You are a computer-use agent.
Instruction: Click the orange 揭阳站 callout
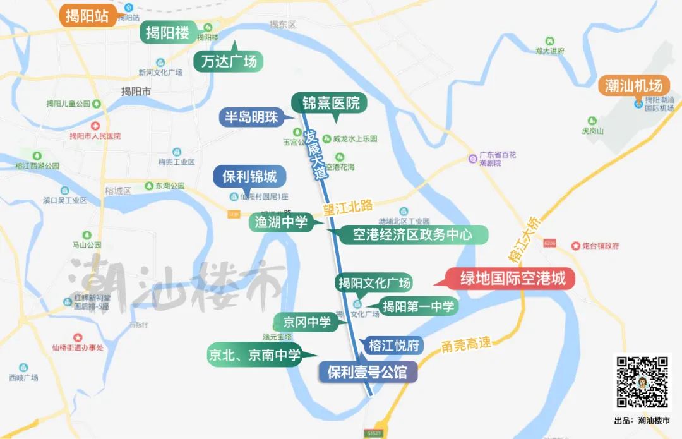tap(87, 16)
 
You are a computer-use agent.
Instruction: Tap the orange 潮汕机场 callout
tap(633, 86)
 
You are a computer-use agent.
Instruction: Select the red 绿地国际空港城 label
tap(512, 279)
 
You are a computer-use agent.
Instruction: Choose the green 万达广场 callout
tap(228, 62)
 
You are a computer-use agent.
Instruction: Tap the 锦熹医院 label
tap(330, 103)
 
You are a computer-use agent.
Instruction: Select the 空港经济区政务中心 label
tap(413, 235)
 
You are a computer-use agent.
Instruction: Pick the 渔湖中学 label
tap(281, 222)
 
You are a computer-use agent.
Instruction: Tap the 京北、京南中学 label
tap(254, 355)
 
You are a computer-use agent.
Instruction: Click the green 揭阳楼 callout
tap(167, 32)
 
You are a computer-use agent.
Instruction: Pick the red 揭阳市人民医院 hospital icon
tap(95, 126)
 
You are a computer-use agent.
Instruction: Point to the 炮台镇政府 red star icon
tap(575, 246)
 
